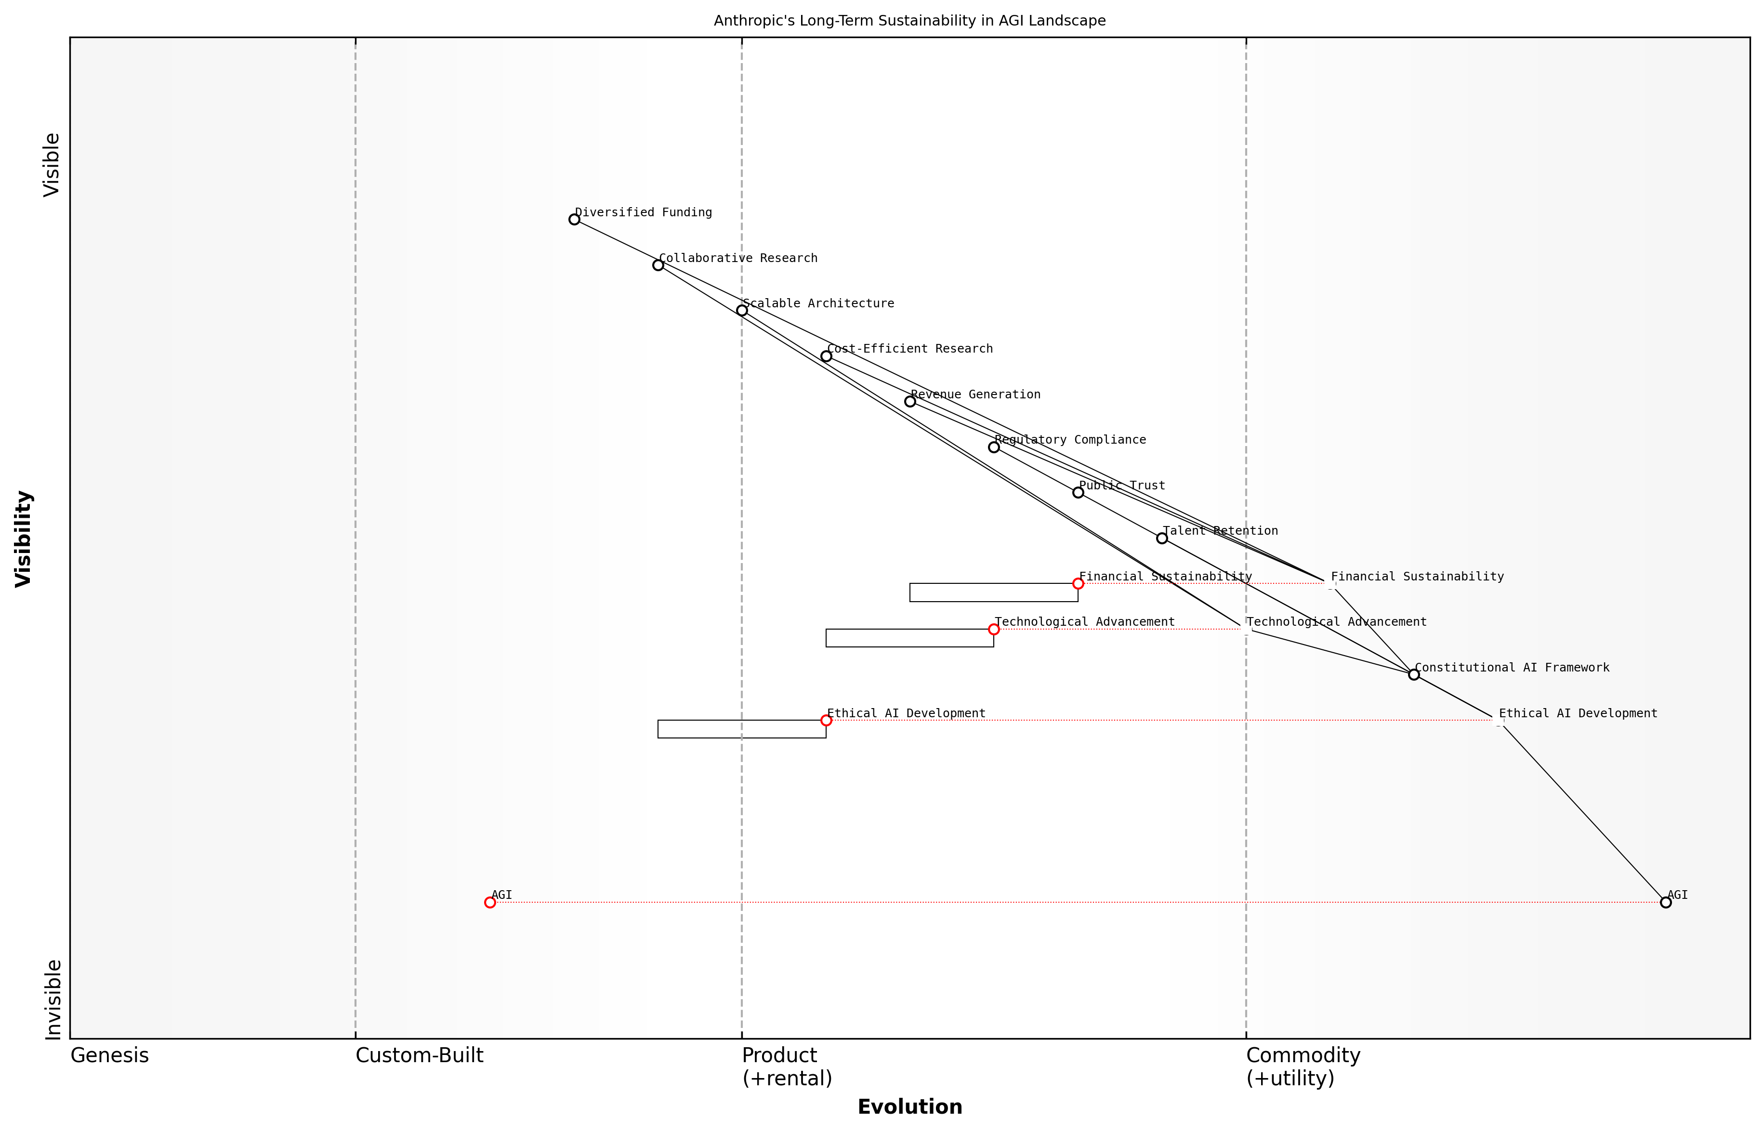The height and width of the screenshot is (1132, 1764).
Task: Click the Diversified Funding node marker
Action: click(574, 219)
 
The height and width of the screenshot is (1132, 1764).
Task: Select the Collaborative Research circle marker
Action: click(658, 264)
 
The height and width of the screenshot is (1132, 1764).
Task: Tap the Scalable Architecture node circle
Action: click(742, 310)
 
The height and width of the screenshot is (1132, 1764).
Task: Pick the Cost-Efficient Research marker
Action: click(826, 356)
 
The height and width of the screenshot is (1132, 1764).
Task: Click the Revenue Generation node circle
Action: click(910, 401)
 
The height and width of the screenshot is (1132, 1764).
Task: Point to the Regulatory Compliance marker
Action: click(994, 447)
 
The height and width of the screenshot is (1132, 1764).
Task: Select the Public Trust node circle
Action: click(1078, 492)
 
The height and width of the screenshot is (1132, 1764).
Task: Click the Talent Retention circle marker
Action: click(1162, 538)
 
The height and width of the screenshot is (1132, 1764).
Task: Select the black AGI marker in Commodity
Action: click(1666, 902)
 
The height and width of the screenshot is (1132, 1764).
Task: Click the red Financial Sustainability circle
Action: click(1078, 584)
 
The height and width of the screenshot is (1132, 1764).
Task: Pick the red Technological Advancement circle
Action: click(994, 629)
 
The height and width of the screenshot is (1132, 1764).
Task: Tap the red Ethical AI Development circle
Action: click(826, 720)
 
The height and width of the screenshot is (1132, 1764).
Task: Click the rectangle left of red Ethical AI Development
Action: click(742, 729)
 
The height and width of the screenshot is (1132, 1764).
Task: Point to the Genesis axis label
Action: click(109, 1055)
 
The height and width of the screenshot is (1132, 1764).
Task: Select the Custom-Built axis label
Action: click(419, 1055)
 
